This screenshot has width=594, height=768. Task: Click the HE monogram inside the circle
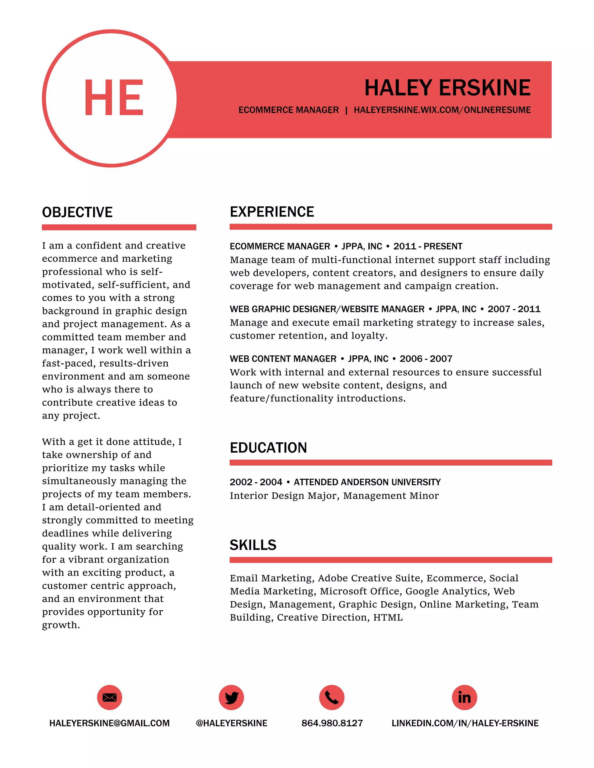[113, 97]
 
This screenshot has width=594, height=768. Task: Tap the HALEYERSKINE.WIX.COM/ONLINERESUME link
[442, 110]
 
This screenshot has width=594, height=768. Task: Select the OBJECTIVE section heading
[77, 212]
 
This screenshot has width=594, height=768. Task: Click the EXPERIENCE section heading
[272, 212]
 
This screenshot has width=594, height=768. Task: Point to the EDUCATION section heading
[268, 448]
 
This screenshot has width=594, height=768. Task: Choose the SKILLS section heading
[253, 545]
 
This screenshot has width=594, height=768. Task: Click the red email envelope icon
[109, 697]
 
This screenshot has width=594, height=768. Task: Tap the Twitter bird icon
[231, 697]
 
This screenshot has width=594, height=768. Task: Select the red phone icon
[332, 697]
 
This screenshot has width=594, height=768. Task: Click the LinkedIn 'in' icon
[464, 697]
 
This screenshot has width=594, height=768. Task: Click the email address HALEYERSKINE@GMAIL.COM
[109, 723]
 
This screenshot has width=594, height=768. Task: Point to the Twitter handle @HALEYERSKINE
[231, 723]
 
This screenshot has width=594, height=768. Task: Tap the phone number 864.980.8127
[332, 723]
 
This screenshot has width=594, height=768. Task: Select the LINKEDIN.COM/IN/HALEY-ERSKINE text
[465, 723]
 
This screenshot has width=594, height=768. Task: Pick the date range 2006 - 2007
[426, 359]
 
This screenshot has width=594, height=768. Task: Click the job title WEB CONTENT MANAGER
[283, 359]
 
